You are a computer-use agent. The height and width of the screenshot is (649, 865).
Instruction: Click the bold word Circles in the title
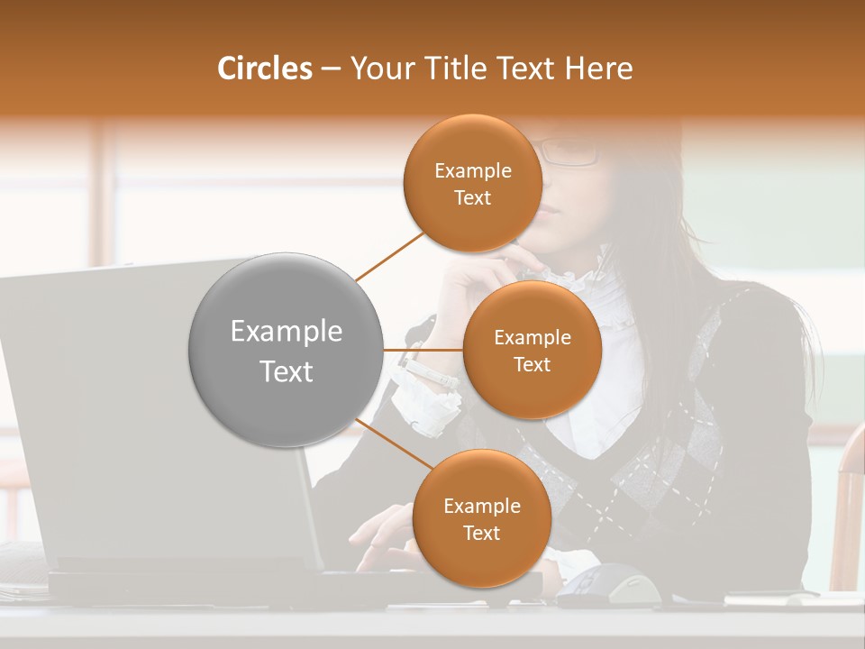[264, 69]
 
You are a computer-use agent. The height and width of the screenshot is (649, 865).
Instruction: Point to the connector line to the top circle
[389, 256]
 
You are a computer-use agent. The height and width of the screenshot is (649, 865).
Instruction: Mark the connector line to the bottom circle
[392, 444]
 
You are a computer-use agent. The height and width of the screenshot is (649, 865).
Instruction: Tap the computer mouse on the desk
[613, 586]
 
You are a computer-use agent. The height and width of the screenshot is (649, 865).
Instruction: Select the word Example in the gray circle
[286, 332]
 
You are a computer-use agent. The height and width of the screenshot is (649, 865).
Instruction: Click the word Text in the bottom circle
[481, 533]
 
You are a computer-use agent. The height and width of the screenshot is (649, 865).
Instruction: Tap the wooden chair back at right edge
[849, 514]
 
